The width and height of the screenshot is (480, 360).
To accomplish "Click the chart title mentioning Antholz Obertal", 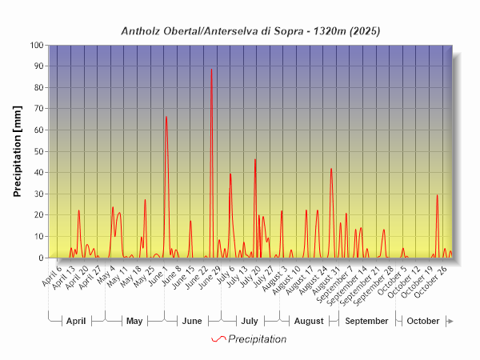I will [x=250, y=31].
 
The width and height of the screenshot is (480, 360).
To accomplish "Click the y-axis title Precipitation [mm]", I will [x=18, y=151].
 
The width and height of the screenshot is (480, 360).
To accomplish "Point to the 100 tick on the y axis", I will [x=38, y=46].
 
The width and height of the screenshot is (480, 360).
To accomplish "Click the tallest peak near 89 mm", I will [x=211, y=69].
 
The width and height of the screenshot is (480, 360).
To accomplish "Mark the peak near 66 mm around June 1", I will [x=166, y=118].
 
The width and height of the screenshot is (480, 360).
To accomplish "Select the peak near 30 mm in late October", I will [x=437, y=195].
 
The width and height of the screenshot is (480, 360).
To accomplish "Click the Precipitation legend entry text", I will [x=257, y=339].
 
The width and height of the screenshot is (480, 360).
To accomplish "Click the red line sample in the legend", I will [x=218, y=339].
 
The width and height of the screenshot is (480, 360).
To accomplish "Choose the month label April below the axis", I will [x=76, y=321].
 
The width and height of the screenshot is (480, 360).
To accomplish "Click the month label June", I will [x=192, y=321].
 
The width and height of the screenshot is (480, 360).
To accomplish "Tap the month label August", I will [x=309, y=321].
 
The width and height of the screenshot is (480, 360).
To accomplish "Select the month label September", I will [x=366, y=321].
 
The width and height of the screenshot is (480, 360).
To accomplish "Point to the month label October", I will [x=423, y=321].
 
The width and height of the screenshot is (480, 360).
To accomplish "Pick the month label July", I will [x=250, y=321].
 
